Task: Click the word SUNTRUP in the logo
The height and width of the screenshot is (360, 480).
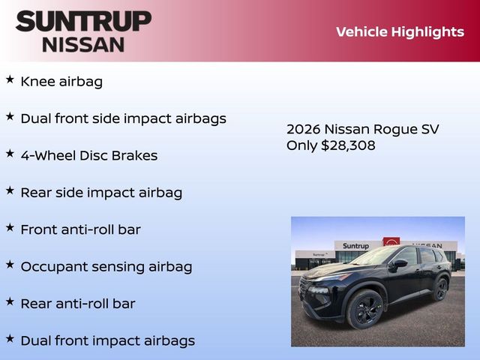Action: (x=83, y=20)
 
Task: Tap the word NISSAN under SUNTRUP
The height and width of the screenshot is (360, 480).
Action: (x=83, y=44)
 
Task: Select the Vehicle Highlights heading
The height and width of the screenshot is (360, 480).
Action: (x=400, y=31)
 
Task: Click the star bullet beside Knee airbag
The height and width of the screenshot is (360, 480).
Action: (x=10, y=79)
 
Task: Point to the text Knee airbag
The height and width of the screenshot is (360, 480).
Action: (x=61, y=82)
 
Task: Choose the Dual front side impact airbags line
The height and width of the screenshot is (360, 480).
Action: (x=123, y=118)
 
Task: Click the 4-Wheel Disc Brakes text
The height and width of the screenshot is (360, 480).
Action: (x=88, y=156)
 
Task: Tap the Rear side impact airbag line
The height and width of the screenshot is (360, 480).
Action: (x=101, y=193)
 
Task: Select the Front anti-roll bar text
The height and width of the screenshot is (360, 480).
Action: (x=80, y=229)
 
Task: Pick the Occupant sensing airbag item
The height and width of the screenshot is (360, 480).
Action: (x=106, y=267)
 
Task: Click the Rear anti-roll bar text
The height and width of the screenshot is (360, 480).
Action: (x=78, y=304)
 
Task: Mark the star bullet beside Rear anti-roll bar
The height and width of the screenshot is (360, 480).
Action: (x=10, y=301)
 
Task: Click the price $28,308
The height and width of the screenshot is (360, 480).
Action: (x=348, y=145)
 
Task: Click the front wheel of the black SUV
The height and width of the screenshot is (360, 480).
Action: (x=365, y=309)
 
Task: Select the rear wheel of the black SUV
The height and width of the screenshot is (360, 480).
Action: (x=440, y=289)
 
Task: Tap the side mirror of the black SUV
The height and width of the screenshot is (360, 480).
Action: (x=398, y=263)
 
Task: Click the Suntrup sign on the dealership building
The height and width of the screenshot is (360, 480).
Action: (x=356, y=246)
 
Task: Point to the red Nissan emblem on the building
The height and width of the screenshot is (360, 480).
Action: (x=391, y=242)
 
